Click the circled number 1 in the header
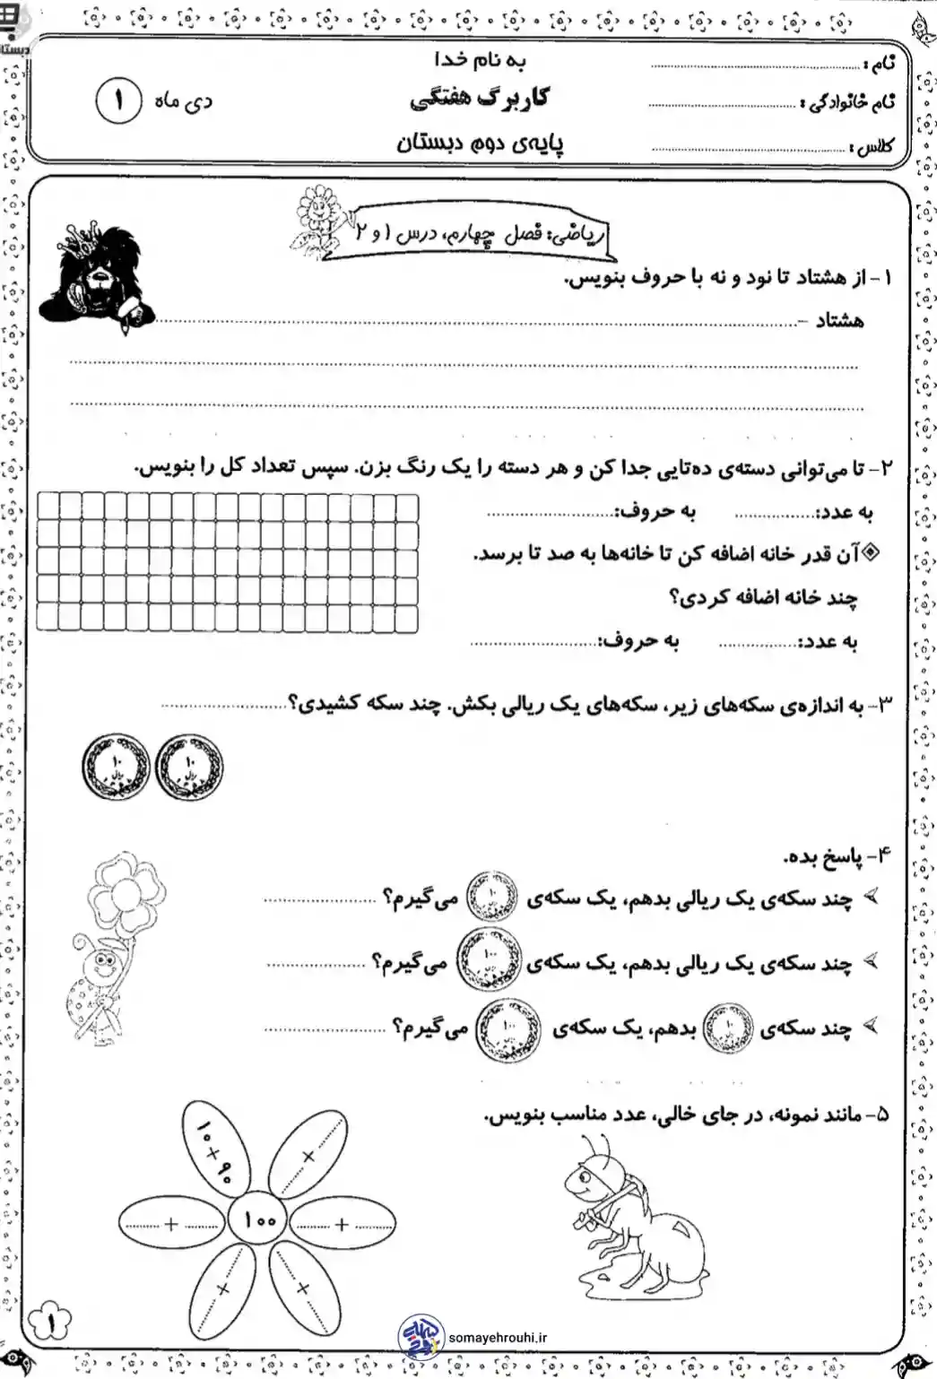(118, 101)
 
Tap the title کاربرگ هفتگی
(481, 99)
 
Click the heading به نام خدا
(480, 61)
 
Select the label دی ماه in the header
(185, 102)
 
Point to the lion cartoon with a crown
(94, 272)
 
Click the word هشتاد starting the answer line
(839, 320)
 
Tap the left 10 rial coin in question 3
(114, 767)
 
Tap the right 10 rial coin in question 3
(188, 767)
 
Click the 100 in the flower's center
(257, 1220)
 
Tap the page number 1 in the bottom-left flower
(50, 1320)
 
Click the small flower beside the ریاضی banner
(315, 216)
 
